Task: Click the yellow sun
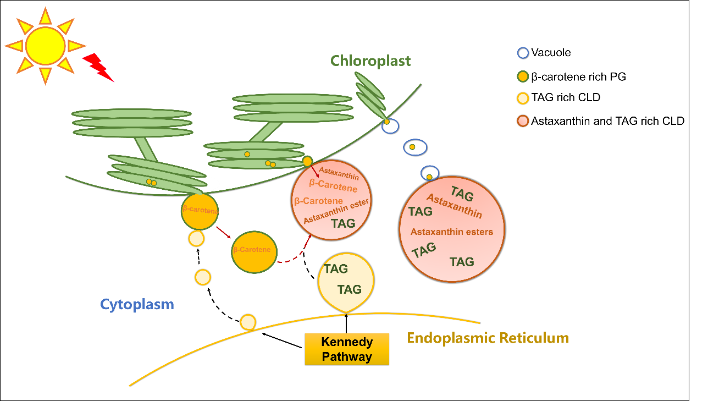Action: [x=45, y=46]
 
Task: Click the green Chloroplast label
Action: [x=370, y=61]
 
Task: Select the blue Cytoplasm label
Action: [x=137, y=304]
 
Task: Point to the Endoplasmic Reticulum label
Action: [x=488, y=338]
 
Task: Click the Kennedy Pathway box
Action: [x=347, y=349]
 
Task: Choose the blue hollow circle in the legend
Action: [x=523, y=53]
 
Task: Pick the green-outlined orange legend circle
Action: [x=523, y=76]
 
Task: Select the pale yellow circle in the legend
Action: [x=523, y=98]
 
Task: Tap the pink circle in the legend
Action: [x=523, y=121]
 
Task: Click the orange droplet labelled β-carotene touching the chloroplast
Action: [x=200, y=211]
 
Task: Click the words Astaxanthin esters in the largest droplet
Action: [x=451, y=232]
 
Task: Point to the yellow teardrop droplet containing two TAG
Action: [x=346, y=281]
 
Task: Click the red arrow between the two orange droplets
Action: [x=223, y=232]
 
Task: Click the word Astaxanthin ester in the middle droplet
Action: [x=336, y=211]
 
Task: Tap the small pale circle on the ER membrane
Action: [x=248, y=322]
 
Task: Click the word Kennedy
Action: [x=347, y=342]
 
